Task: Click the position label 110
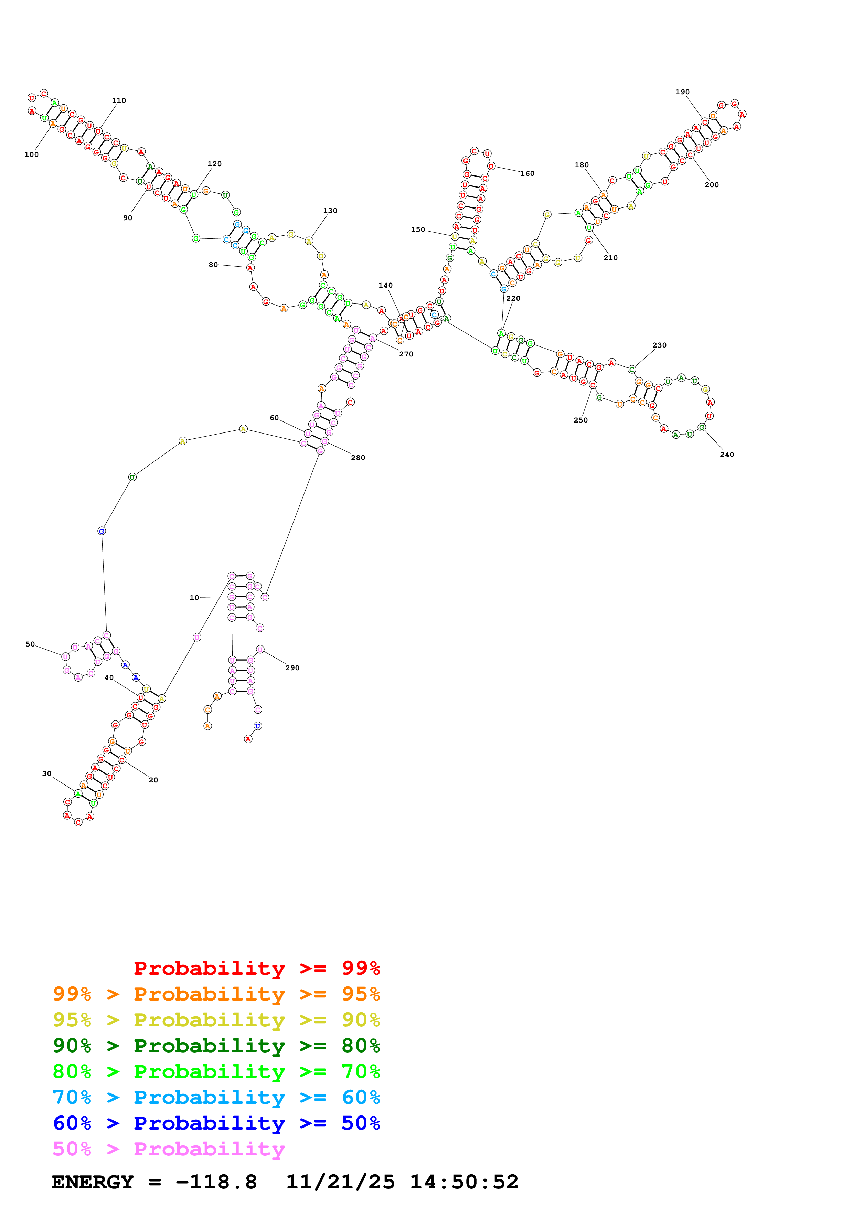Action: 119,100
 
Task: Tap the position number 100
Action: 32,154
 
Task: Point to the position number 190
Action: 682,92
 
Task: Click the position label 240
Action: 726,455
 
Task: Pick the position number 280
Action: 358,458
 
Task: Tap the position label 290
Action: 292,668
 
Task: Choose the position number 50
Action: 31,644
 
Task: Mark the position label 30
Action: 47,773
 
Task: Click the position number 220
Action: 513,299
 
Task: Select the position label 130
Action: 330,211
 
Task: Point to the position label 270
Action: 406,354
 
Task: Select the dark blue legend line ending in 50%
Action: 216,1123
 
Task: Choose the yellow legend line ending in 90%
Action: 216,1020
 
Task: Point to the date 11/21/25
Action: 340,1182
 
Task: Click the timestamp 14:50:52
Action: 464,1182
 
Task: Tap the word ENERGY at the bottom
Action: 93,1182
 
